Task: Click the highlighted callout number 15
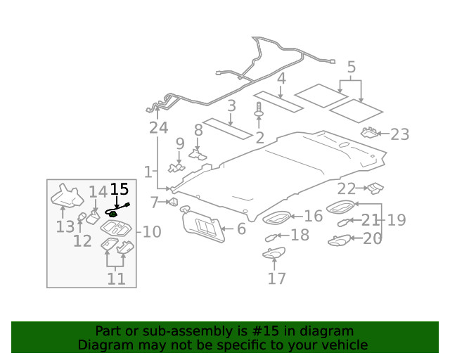[120, 188]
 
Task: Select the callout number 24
[158, 127]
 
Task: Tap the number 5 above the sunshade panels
[351, 67]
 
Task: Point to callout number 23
[399, 134]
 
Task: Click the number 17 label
[276, 278]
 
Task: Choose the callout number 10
[152, 232]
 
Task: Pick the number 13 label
[65, 226]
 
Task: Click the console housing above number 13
[67, 196]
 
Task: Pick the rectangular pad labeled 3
[227, 127]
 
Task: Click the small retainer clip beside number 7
[172, 202]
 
